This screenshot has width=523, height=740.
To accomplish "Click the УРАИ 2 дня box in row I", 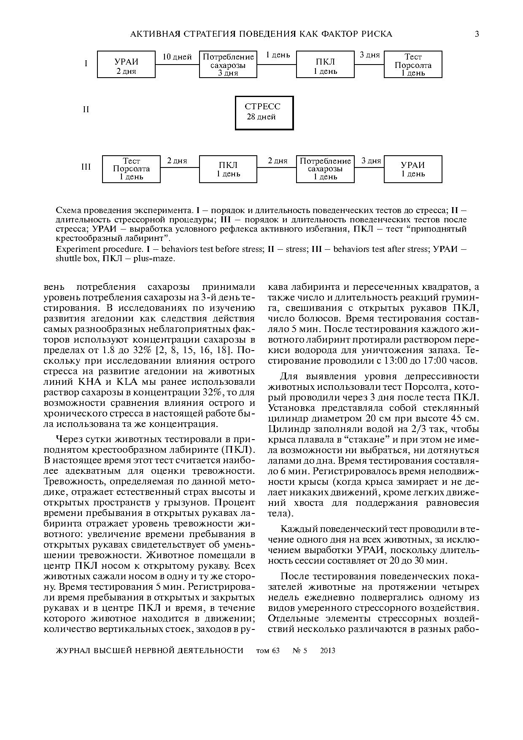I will (x=127, y=65).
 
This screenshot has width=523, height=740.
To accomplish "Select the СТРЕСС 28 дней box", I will (x=264, y=113).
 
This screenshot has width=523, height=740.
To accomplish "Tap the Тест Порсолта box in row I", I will (x=413, y=65).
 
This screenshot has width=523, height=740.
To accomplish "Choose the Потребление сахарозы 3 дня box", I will (x=228, y=65).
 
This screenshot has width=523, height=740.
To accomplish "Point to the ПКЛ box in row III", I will (x=228, y=169).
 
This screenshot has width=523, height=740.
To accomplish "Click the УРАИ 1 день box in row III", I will (x=413, y=169).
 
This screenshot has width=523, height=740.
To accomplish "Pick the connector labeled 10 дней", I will (x=177, y=57).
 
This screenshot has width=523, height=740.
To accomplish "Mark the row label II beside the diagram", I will (x=86, y=110).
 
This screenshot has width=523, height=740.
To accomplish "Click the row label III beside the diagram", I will (x=86, y=167).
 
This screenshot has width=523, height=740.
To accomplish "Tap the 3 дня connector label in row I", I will (x=369, y=55).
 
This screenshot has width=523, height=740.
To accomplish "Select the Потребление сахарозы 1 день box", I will (x=325, y=169).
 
